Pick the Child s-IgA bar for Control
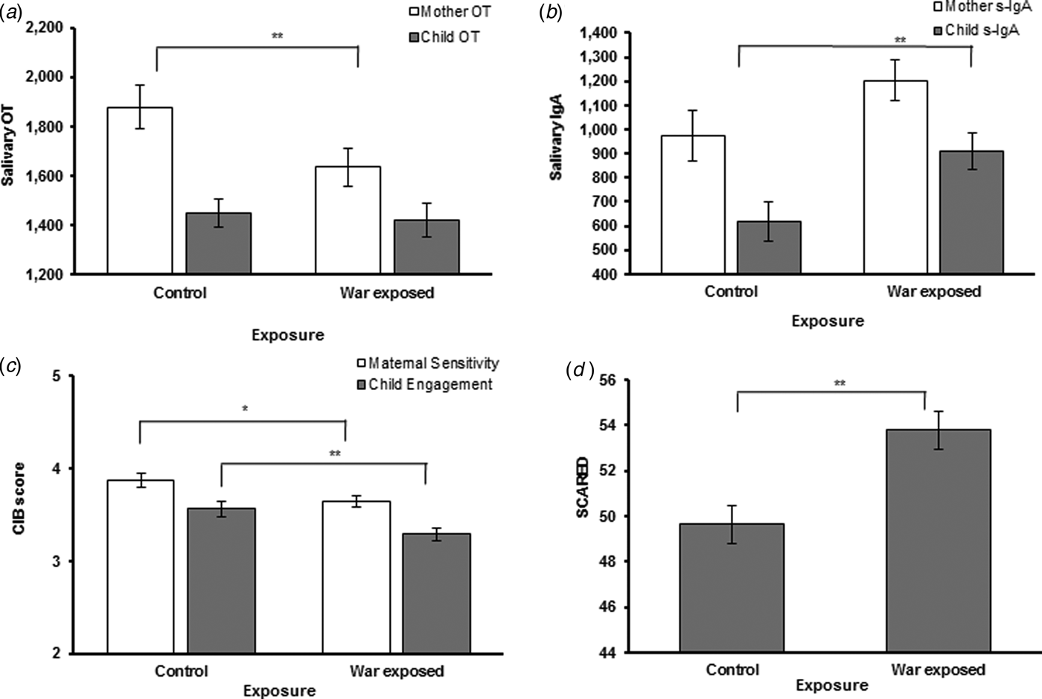coord(770,247)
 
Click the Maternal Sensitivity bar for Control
coord(141,566)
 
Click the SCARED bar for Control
coord(731,588)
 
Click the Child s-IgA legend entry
coord(975,30)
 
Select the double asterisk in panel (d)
coord(839,384)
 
